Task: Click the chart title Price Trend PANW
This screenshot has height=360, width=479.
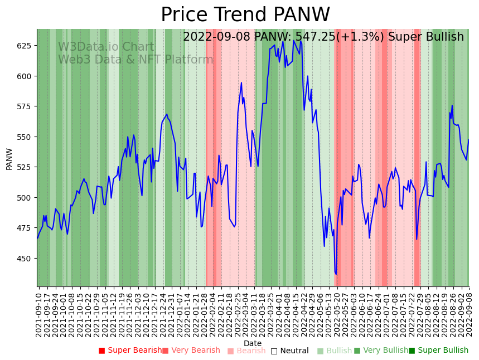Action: click(x=245, y=15)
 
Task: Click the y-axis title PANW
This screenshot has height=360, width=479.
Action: click(x=9, y=158)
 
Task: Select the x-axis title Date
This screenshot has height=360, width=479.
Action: click(x=253, y=343)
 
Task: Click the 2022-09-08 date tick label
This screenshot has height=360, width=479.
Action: click(x=469, y=315)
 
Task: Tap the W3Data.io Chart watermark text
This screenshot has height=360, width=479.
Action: click(x=106, y=47)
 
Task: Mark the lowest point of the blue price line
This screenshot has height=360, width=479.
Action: click(x=336, y=274)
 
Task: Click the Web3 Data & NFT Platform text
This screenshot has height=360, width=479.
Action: click(x=136, y=60)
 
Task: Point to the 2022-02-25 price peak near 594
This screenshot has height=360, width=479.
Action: click(x=241, y=83)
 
